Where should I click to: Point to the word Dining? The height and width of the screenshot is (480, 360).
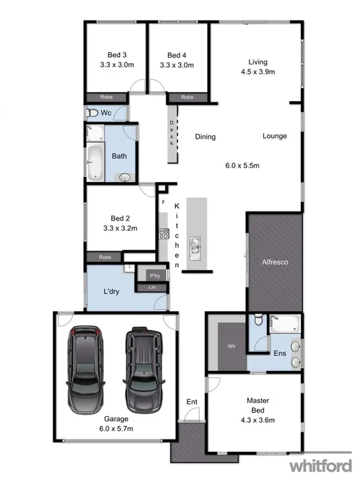click(x=205, y=137)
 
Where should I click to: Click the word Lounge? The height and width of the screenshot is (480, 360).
click(x=275, y=136)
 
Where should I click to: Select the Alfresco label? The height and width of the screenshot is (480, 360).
click(x=274, y=262)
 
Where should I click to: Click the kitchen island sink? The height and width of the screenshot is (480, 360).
click(x=194, y=245)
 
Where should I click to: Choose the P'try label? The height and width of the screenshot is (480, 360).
click(x=155, y=276)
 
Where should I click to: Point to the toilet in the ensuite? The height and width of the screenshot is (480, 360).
click(x=257, y=320)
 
